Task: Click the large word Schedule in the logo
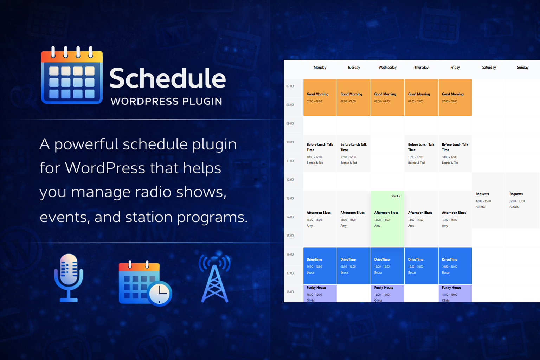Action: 167,78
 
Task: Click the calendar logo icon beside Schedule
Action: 72,76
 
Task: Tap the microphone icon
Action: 69,278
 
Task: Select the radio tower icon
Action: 215,278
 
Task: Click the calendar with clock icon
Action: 144,283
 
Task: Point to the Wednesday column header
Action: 387,67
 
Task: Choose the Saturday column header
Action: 489,67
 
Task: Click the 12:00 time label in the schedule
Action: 290,180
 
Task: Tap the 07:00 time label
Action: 290,86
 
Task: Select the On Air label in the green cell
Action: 396,196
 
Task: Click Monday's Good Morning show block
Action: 320,97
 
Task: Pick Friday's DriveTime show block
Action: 455,265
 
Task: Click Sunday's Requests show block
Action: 522,200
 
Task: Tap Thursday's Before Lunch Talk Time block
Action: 421,153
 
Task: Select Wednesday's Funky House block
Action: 387,293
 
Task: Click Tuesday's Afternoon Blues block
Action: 354,219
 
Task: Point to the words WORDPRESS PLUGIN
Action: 166,102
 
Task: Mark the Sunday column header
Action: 522,67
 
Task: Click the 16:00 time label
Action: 290,255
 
